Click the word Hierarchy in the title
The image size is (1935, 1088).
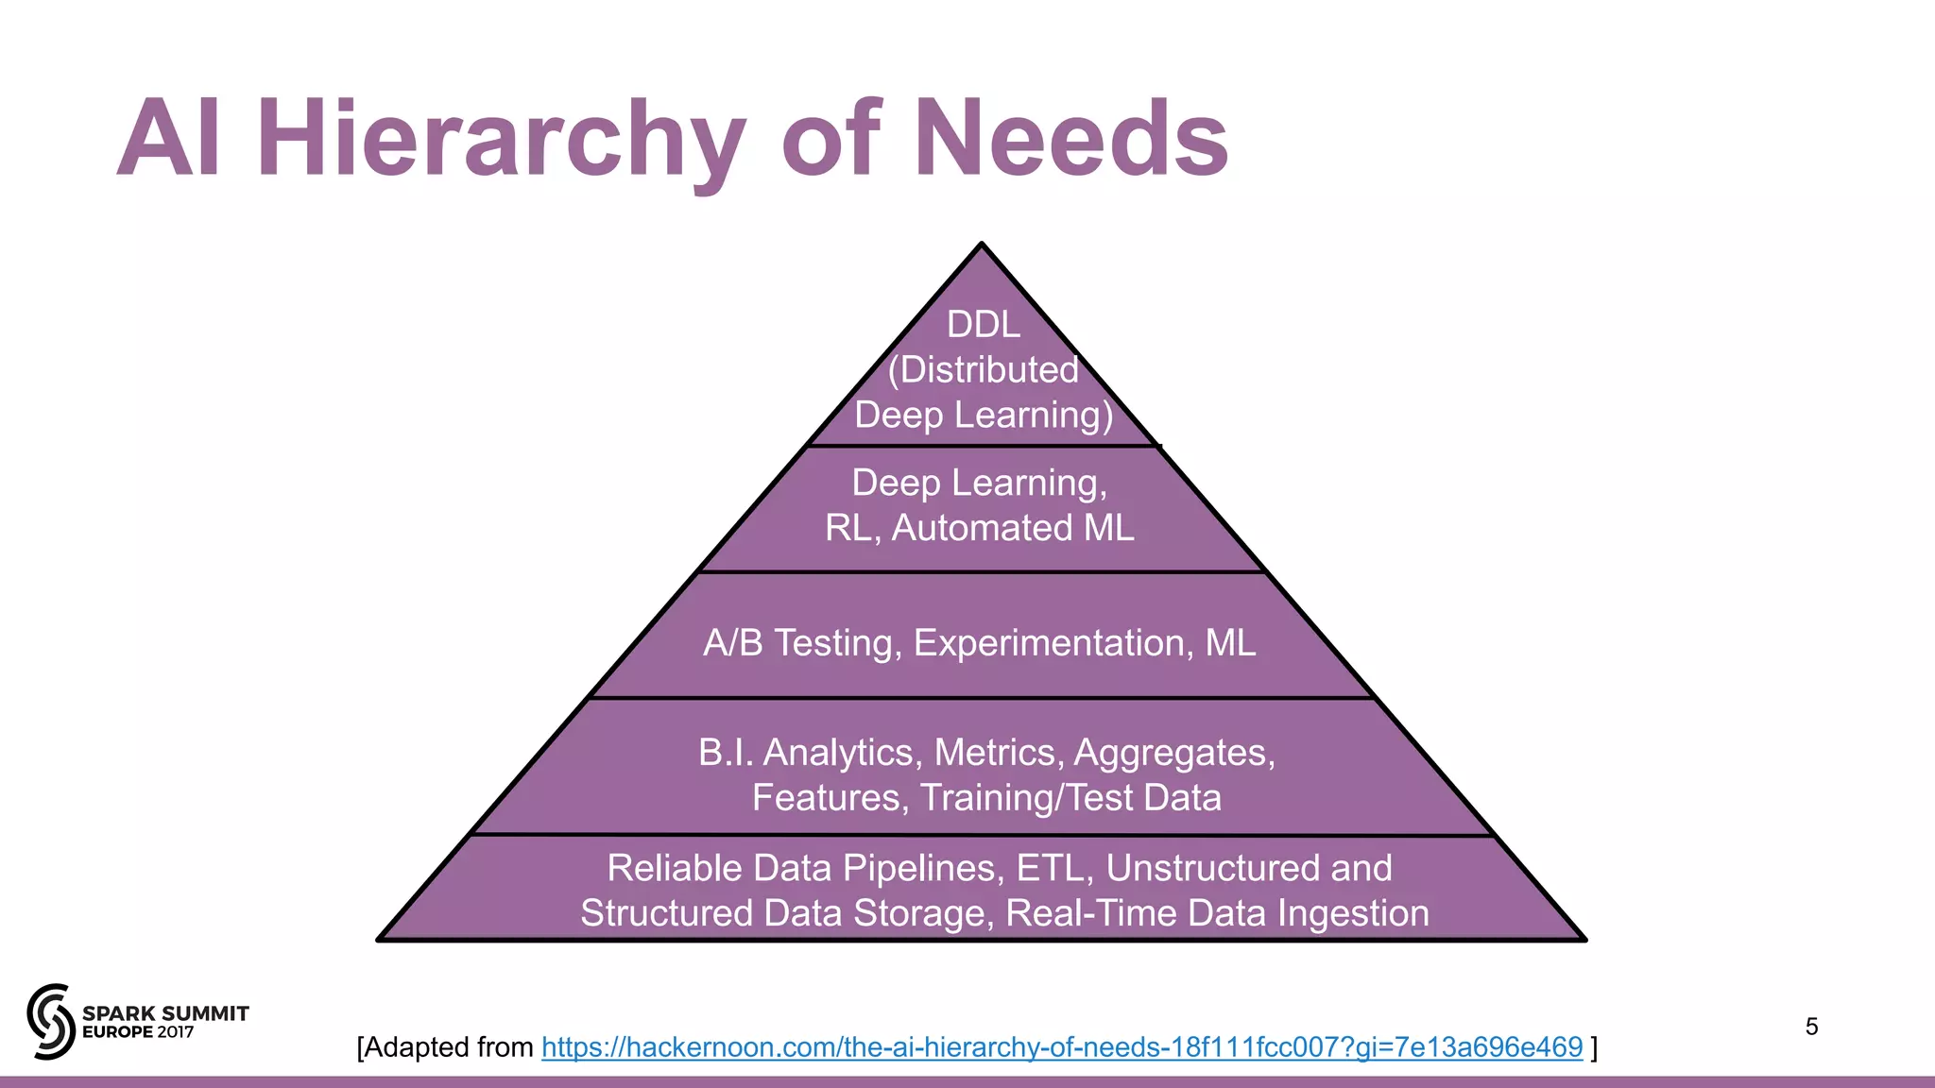click(501, 140)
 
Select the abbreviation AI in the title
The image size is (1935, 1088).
click(170, 140)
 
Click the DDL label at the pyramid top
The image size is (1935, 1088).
click(984, 325)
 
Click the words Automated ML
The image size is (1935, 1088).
click(1013, 529)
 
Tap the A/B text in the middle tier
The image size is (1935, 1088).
click(733, 643)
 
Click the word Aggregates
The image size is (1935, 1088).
click(1173, 753)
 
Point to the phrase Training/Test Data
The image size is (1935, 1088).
click(1070, 798)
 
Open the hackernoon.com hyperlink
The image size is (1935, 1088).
click(1061, 1047)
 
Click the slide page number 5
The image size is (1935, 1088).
click(1811, 1027)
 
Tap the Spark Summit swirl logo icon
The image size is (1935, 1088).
click(51, 1021)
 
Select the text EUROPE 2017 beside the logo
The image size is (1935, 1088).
click(138, 1032)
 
